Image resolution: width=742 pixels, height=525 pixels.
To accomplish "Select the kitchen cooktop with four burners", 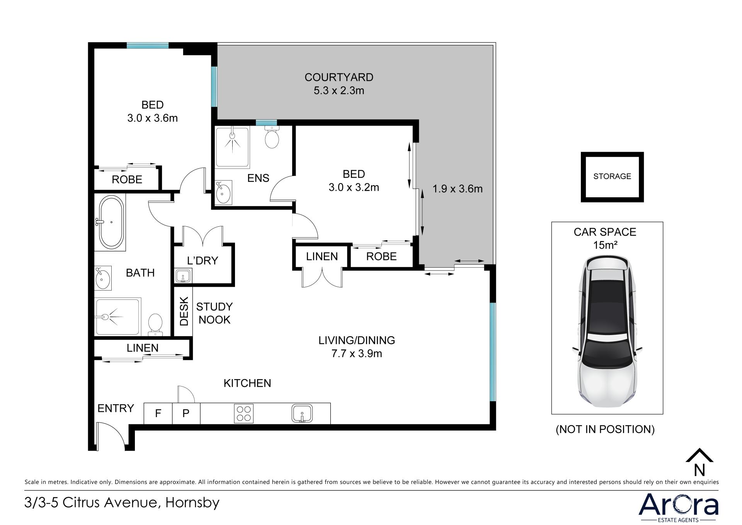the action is click(x=243, y=413).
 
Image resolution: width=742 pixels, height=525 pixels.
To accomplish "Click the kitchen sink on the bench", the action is click(x=302, y=413).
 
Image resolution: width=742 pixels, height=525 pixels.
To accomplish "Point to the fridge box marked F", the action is click(x=158, y=413).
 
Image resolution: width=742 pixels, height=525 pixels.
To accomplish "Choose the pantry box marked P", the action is click(x=186, y=413).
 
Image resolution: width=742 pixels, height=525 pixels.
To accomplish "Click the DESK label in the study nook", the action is click(x=184, y=311).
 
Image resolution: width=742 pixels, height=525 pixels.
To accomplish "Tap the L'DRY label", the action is click(x=203, y=260).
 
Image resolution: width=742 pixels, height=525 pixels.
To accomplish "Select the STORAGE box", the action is click(x=612, y=177).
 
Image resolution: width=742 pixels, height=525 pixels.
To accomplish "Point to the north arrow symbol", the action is click(x=699, y=462).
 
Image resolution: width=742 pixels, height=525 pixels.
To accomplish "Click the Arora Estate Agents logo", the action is click(x=678, y=508).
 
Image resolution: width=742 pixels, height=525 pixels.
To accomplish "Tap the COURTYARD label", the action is click(x=339, y=77).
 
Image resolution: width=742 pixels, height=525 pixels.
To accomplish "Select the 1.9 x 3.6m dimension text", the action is click(x=458, y=189).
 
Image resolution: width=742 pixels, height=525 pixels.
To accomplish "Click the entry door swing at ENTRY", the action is click(x=111, y=436).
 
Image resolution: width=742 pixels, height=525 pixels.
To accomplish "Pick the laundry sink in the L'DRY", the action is click(x=183, y=276).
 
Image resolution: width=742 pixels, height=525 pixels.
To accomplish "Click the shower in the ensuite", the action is click(x=232, y=147).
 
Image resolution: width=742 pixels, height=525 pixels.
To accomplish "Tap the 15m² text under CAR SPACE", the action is click(x=605, y=245).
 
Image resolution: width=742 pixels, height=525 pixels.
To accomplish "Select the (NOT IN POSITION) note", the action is click(x=605, y=429).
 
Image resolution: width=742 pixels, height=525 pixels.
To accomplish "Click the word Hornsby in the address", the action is click(x=192, y=503).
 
